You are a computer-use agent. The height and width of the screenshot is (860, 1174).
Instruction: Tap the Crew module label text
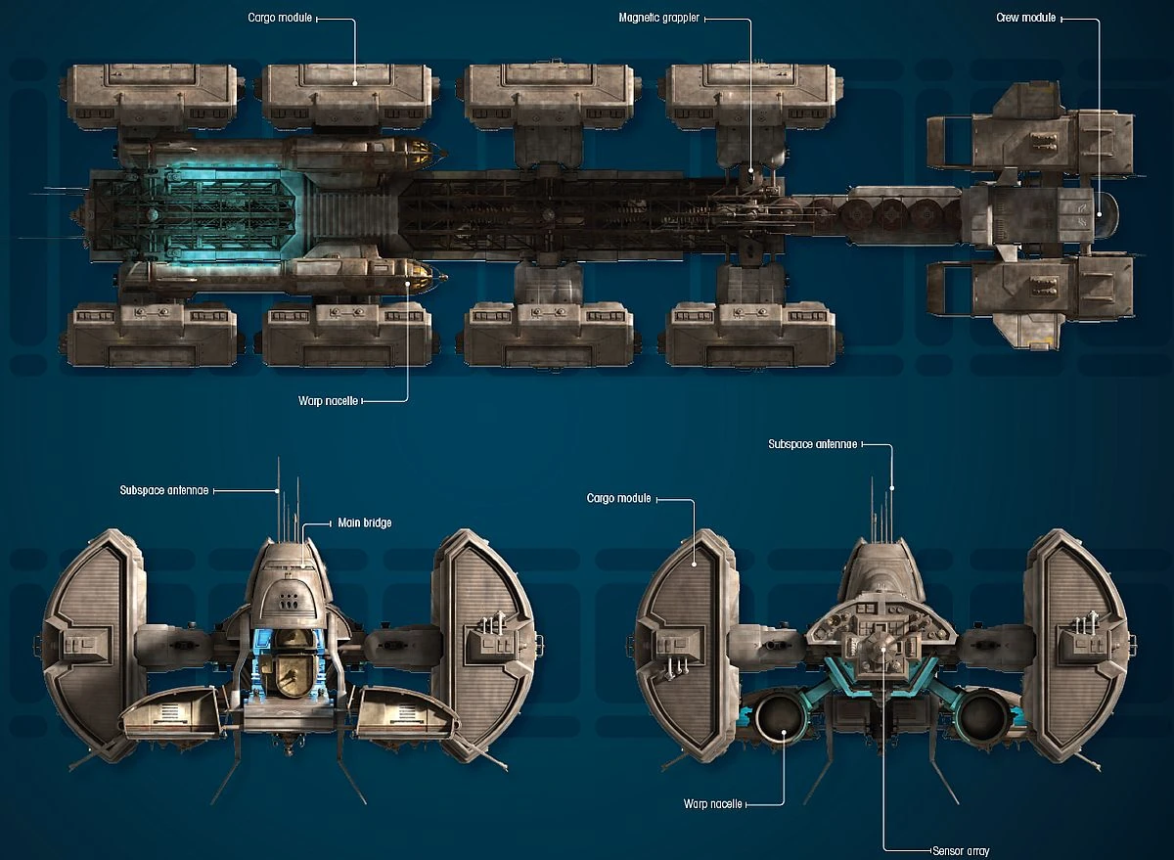point(1025,18)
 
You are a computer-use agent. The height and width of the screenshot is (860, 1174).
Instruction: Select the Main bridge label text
point(364,522)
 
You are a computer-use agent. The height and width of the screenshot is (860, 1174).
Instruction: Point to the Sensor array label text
point(962,850)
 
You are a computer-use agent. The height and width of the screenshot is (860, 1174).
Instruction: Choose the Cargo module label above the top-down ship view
point(281,18)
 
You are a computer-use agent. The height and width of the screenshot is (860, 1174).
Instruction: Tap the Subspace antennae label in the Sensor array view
point(812,444)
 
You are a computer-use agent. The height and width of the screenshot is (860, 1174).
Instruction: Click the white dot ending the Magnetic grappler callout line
point(750,173)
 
